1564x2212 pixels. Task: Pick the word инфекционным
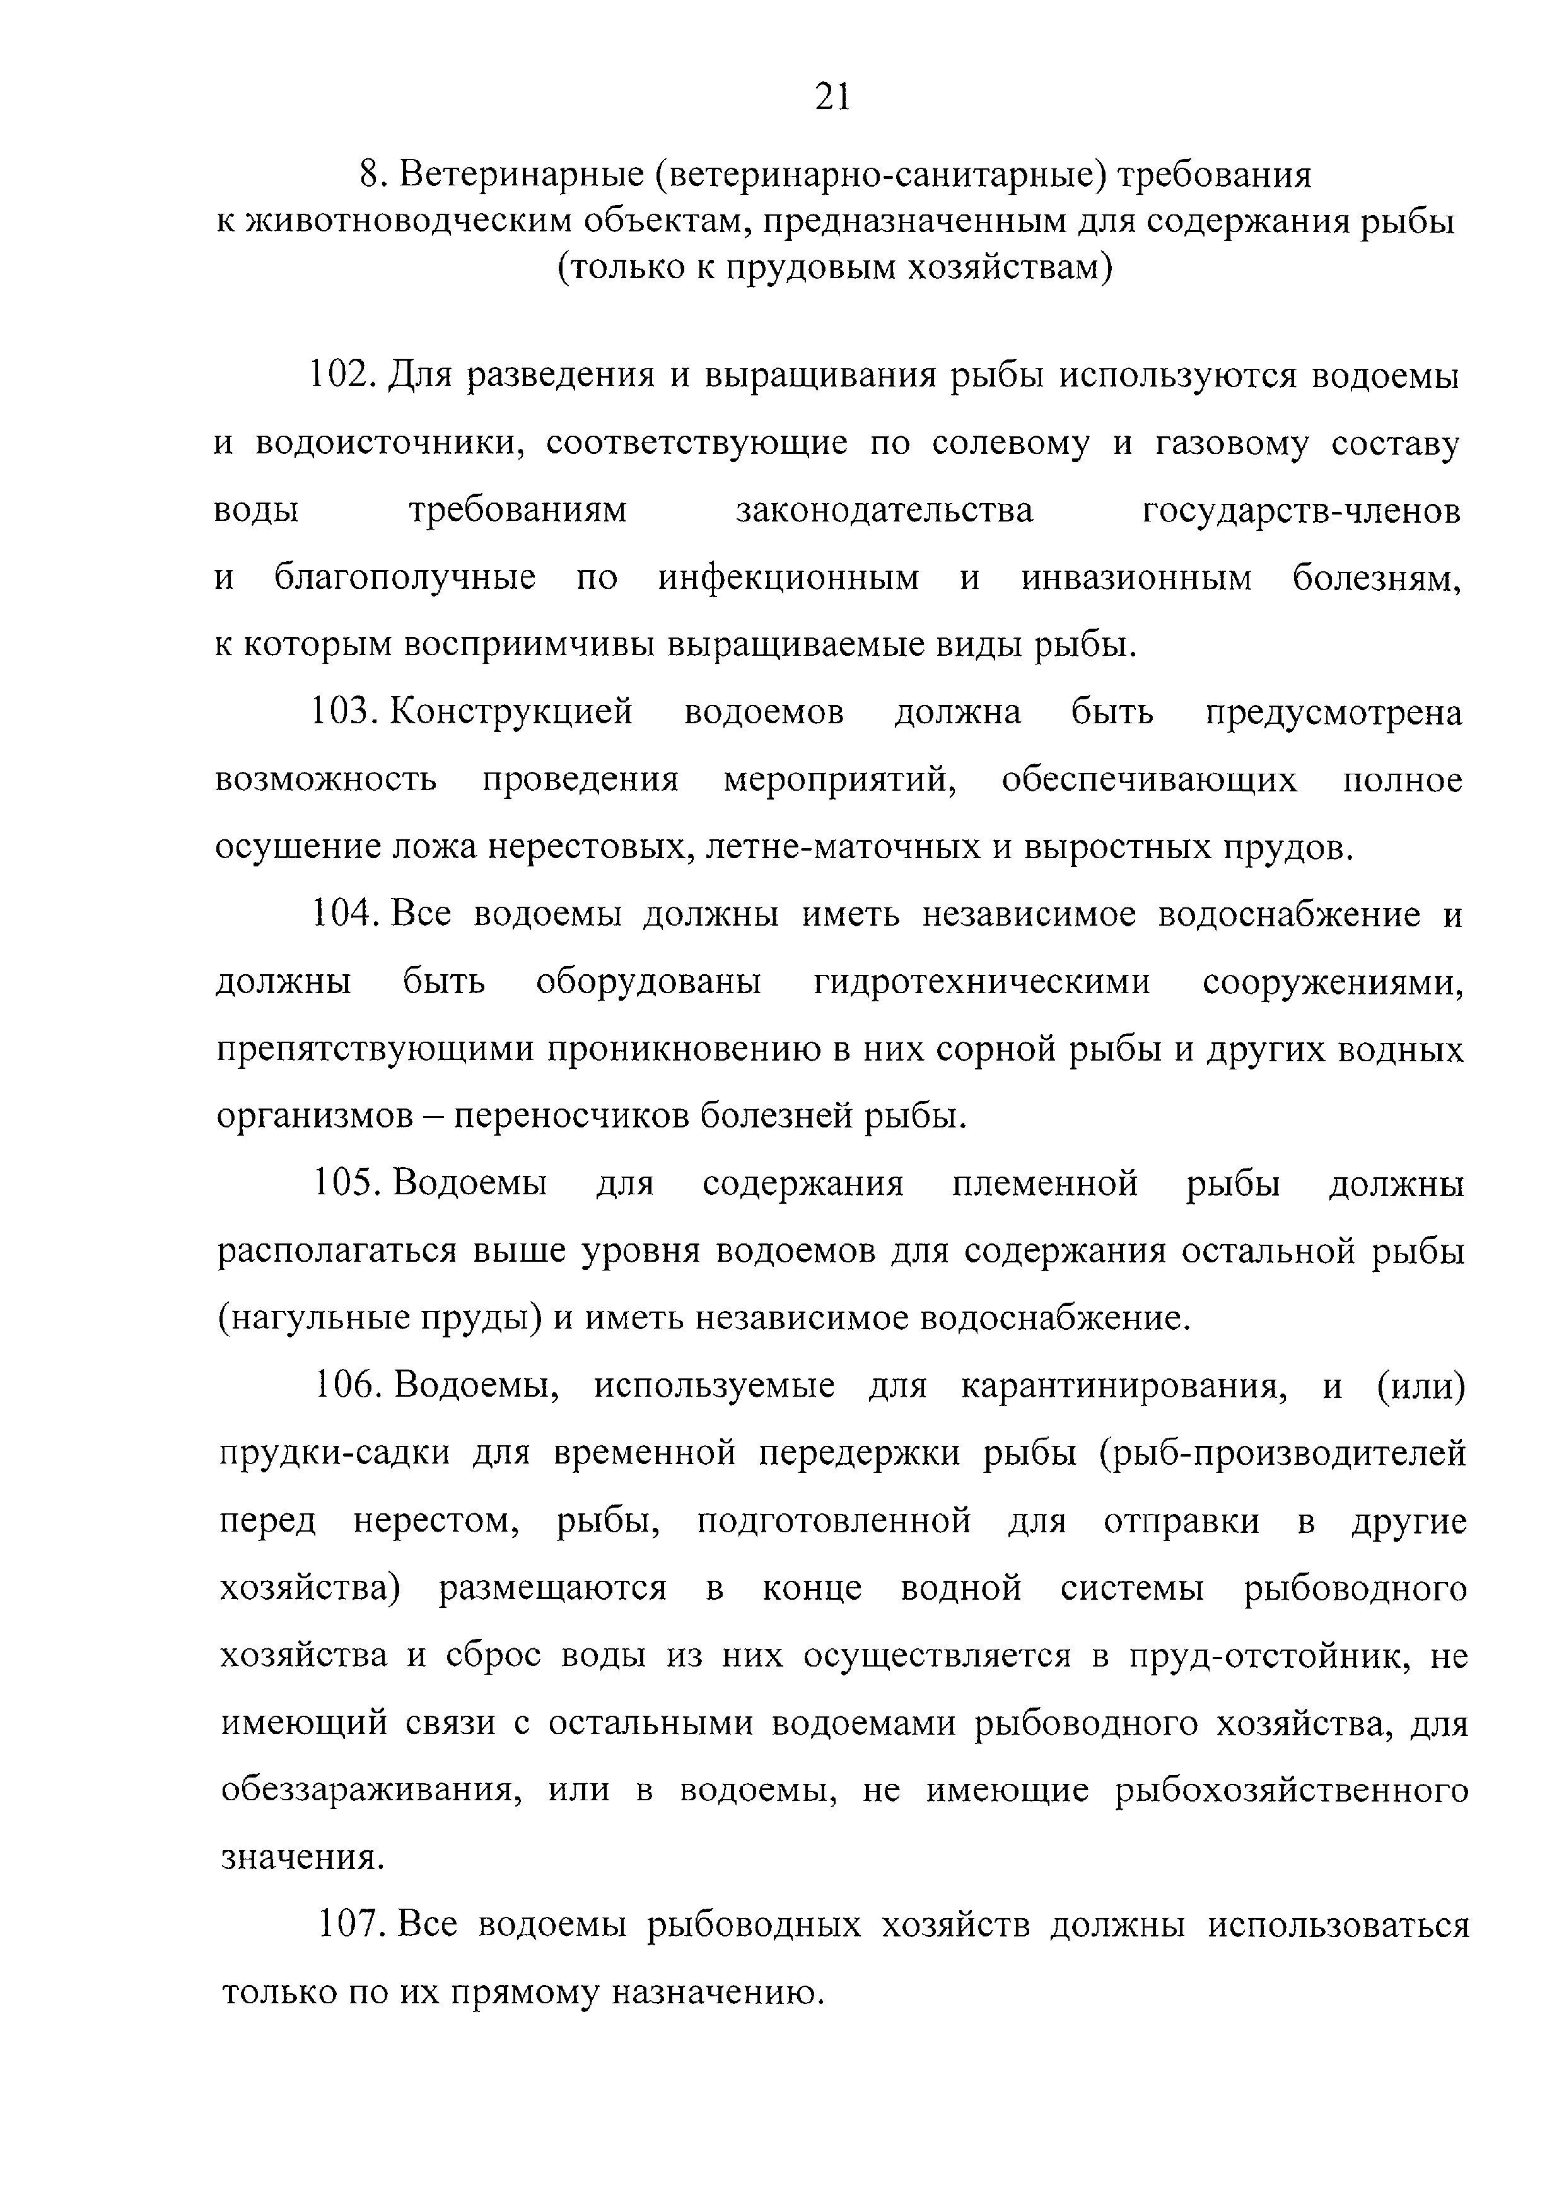pyautogui.click(x=788, y=578)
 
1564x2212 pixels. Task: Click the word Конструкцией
pyautogui.click(x=513, y=713)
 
